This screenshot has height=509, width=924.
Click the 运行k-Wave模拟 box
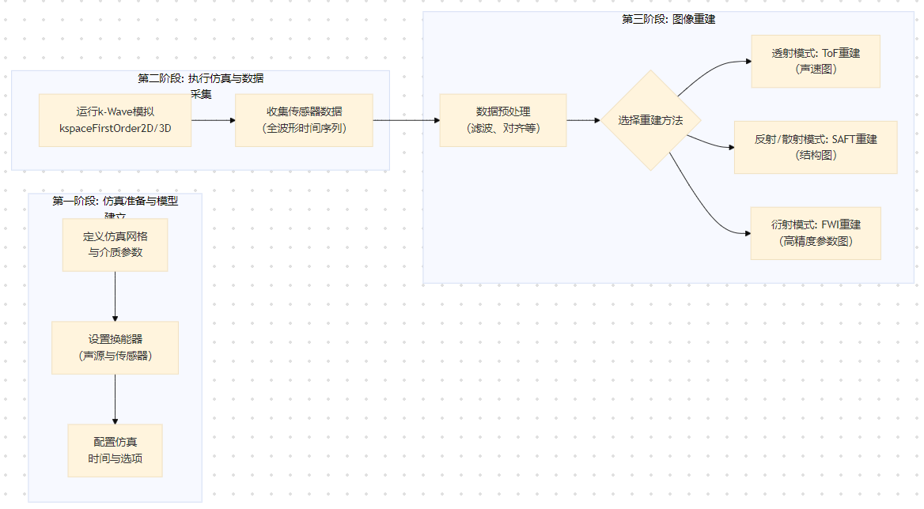(115, 119)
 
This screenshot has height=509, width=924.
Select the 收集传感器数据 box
(304, 119)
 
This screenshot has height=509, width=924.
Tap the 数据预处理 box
(503, 120)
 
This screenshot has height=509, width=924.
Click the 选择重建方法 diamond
(650, 120)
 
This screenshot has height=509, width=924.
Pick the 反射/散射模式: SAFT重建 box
(816, 147)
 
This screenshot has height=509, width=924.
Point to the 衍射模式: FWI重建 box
(816, 233)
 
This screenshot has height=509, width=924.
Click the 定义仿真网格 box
(116, 244)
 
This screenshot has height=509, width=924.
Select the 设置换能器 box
(116, 348)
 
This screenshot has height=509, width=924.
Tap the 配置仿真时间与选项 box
(116, 451)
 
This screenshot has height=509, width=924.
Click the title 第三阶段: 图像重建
(668, 19)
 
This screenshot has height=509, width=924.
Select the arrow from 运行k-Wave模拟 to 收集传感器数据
(214, 120)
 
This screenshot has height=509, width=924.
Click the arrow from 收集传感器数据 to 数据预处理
(406, 120)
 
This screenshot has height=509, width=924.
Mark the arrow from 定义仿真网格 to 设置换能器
(116, 296)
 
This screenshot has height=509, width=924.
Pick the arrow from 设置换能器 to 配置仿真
(116, 399)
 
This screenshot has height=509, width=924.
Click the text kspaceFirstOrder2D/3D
(115, 128)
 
